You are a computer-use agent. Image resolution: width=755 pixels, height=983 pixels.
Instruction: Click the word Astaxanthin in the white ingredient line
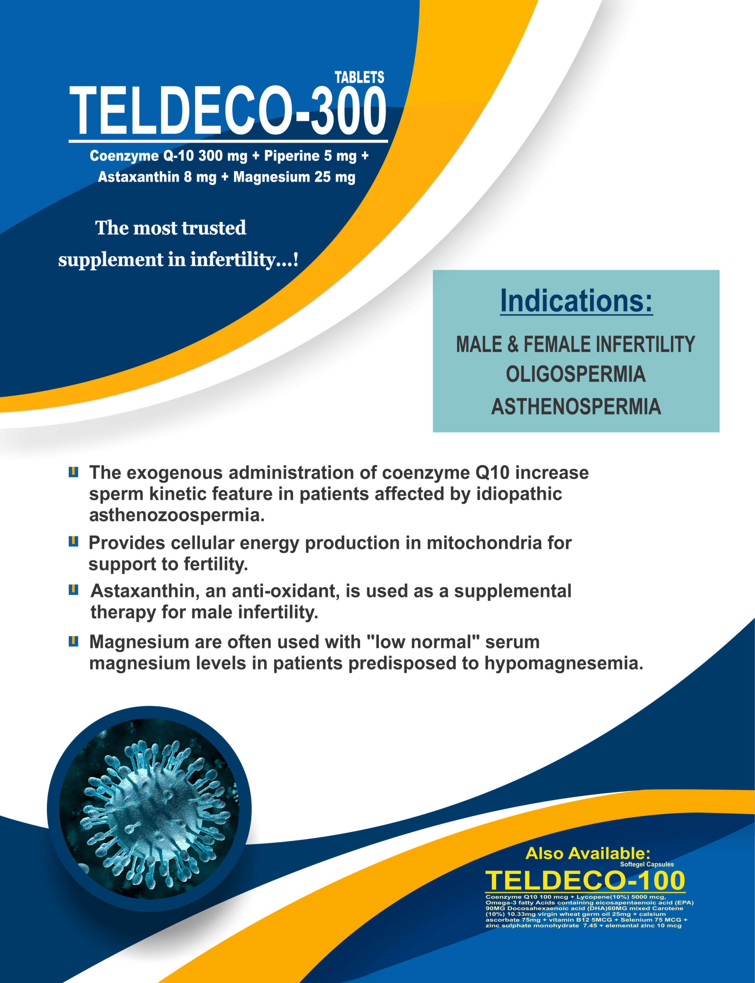click(x=139, y=177)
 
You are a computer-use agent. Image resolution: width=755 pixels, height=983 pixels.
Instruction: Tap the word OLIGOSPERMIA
click(x=576, y=374)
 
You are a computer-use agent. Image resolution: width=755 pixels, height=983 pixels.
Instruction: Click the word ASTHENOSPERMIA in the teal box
click(x=576, y=406)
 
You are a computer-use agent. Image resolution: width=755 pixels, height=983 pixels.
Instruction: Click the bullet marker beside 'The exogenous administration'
click(x=73, y=472)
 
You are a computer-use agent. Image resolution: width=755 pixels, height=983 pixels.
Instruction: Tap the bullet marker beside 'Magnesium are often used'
click(x=73, y=641)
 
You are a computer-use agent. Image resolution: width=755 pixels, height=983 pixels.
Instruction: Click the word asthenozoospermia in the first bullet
click(x=177, y=515)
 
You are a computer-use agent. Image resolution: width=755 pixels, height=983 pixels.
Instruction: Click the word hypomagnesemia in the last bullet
click(x=564, y=664)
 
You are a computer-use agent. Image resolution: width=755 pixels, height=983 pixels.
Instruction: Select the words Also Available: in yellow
click(x=588, y=853)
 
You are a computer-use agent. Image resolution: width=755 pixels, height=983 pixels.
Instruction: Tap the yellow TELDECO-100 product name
click(x=585, y=880)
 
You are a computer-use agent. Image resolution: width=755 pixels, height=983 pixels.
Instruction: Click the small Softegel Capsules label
click(x=647, y=864)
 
